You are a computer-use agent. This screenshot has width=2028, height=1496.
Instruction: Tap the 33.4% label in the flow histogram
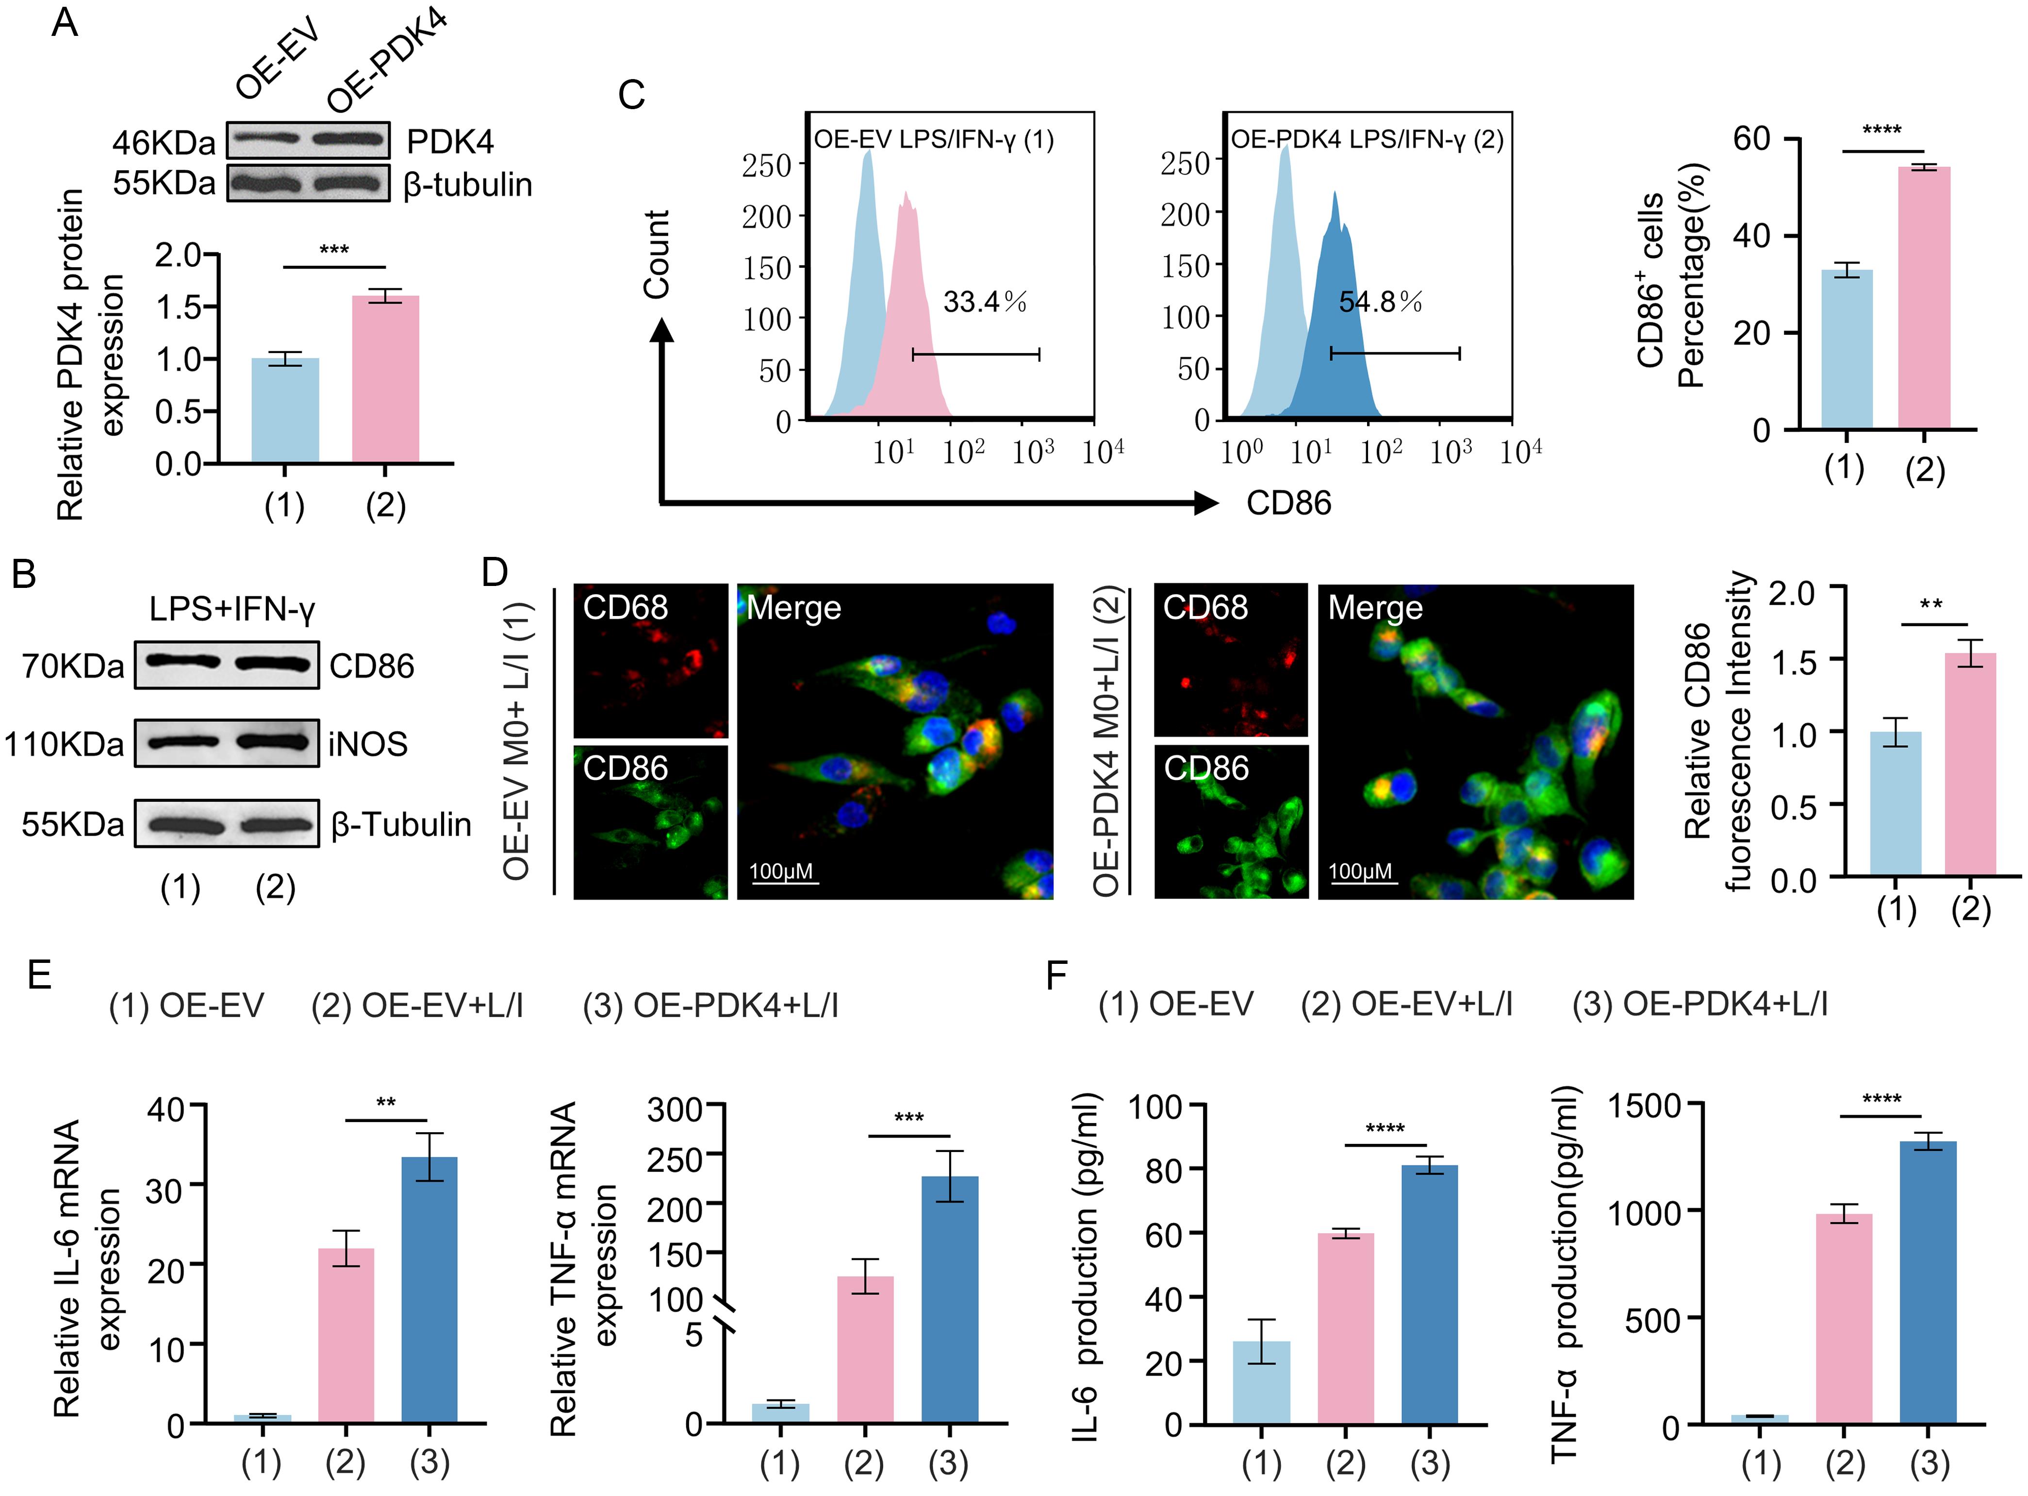click(x=985, y=302)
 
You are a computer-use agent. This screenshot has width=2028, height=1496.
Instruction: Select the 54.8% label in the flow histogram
click(x=1380, y=302)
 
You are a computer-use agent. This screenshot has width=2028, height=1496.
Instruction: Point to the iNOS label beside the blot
click(x=368, y=745)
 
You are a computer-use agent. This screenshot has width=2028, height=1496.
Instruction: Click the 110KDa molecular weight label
click(x=64, y=745)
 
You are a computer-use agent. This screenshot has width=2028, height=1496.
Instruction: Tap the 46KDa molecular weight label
click(x=164, y=143)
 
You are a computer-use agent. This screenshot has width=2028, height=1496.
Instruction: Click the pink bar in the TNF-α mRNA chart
click(x=865, y=1350)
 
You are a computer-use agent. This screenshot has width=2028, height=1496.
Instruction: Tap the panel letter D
click(x=495, y=573)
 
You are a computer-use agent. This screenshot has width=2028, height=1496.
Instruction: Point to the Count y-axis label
click(x=657, y=255)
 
